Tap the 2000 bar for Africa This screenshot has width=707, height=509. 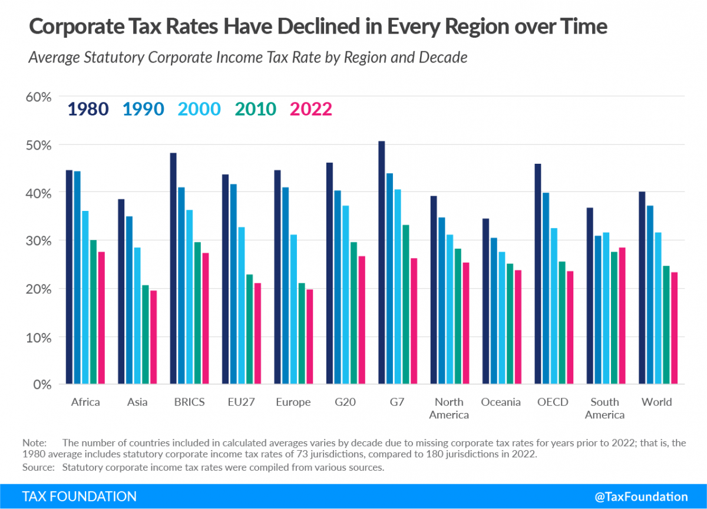[85, 298]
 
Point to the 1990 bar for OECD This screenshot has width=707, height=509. [546, 288]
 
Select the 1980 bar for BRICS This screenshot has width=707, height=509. [173, 269]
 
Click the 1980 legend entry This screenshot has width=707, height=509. [88, 109]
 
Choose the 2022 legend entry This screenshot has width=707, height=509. [310, 109]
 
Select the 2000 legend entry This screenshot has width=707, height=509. [199, 109]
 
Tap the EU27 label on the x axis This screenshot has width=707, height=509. [241, 402]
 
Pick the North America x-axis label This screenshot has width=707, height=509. [448, 408]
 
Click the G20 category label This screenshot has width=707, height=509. [345, 402]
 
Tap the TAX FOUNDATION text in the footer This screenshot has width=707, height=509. [79, 496]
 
